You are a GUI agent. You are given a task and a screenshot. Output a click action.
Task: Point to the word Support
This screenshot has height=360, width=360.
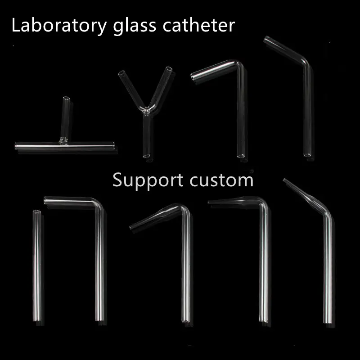148,180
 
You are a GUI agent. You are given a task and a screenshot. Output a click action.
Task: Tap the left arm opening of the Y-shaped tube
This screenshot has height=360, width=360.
121,73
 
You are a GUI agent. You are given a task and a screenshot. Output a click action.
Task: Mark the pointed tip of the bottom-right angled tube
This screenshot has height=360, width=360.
284,180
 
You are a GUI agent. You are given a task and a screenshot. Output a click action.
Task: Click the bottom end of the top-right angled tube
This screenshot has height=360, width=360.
307,156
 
